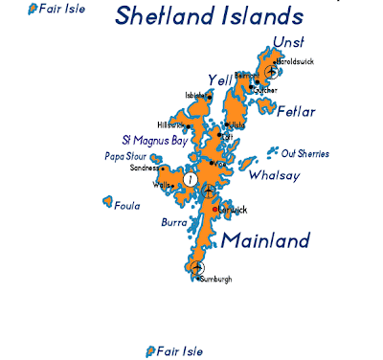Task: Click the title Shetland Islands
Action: (208, 16)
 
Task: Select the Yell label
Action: (220, 79)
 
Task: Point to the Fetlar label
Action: (295, 111)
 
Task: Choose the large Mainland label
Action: (266, 239)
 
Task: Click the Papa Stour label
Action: (124, 156)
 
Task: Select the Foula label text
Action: (126, 205)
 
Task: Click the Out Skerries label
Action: (305, 153)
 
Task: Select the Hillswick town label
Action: (170, 124)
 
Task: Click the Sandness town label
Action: (146, 168)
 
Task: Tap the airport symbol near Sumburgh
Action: (196, 267)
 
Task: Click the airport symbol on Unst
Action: (272, 71)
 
